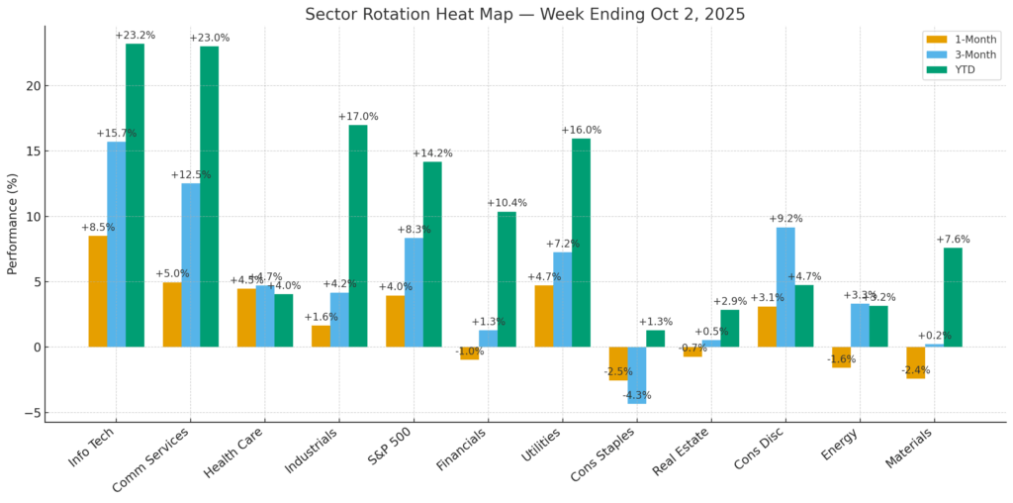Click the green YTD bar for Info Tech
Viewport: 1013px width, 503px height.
click(x=135, y=195)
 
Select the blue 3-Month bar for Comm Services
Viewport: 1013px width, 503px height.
click(x=191, y=264)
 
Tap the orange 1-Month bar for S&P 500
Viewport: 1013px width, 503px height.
click(x=395, y=321)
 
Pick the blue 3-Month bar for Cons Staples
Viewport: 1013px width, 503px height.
click(x=637, y=375)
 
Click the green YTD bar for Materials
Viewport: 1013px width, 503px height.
click(x=953, y=297)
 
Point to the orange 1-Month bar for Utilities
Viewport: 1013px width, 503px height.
click(x=544, y=316)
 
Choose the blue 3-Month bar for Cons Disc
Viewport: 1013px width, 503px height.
click(x=785, y=287)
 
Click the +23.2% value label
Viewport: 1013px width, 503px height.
click(x=135, y=36)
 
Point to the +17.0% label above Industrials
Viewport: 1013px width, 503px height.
click(x=358, y=117)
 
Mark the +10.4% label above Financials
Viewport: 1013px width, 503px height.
click(x=506, y=203)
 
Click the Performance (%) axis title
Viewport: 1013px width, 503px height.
click(x=13, y=225)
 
